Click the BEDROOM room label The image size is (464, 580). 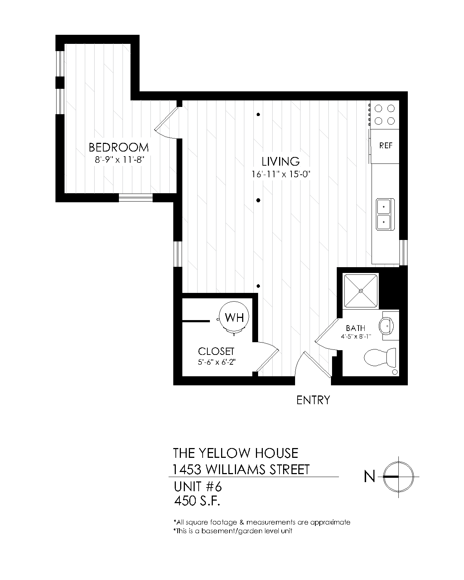coord(119,148)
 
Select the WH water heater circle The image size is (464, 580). coord(234,318)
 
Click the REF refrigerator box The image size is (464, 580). coord(385,146)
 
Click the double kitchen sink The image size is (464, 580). coord(383,214)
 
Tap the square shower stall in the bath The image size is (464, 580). coord(361,291)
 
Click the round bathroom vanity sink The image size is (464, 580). coord(387,326)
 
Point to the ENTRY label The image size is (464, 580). coord(313,400)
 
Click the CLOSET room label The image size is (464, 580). coord(216,351)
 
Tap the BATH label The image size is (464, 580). coord(355,328)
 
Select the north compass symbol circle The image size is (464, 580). coord(398,476)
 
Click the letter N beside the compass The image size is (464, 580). coord(369,476)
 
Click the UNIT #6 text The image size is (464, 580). coord(198,486)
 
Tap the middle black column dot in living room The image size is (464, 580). coord(258,200)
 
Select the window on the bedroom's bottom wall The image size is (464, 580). coord(136,198)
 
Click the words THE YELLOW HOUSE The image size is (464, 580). coord(236,453)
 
